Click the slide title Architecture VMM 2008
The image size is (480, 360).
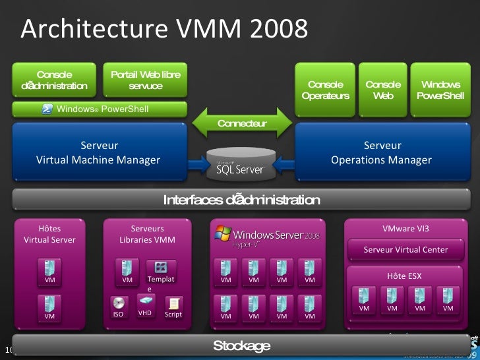click(164, 29)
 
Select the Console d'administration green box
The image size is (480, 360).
click(54, 80)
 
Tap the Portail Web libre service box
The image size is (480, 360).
click(145, 80)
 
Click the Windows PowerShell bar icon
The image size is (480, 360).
click(47, 109)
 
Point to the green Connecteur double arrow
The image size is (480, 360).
click(242, 123)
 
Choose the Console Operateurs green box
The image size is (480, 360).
click(325, 90)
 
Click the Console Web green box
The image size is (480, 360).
click(382, 90)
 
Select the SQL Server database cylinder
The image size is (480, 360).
click(240, 164)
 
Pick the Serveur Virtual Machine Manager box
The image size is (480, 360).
click(98, 152)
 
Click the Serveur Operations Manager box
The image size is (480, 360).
click(382, 152)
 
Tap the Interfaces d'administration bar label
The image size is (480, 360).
click(241, 200)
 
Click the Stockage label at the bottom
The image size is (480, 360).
click(241, 346)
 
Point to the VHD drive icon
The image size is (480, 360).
click(145, 300)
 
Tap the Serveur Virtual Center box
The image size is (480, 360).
click(405, 249)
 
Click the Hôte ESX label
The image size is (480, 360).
click(405, 276)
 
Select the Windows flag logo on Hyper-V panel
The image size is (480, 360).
click(223, 233)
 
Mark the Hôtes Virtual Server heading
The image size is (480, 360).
click(49, 234)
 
